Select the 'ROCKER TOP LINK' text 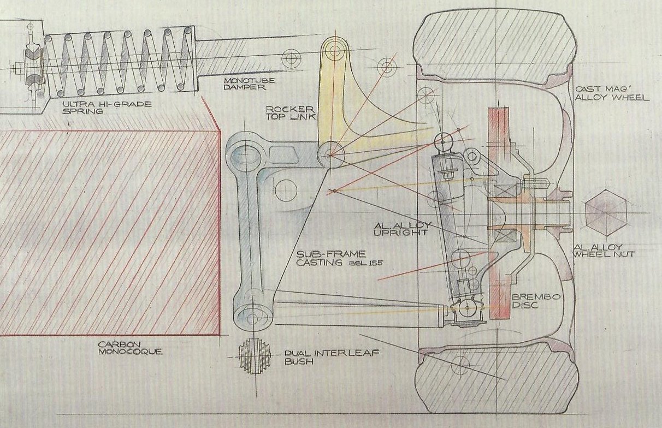286,111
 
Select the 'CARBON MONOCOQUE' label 129,348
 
